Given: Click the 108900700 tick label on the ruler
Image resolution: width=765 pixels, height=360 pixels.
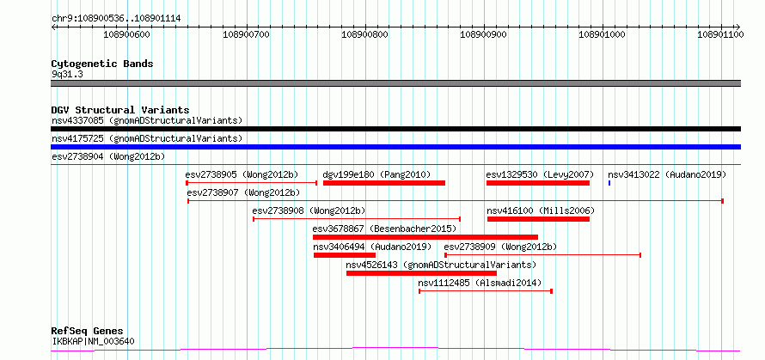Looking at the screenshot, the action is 247,34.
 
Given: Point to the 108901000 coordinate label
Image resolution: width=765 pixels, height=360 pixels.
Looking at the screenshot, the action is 603,34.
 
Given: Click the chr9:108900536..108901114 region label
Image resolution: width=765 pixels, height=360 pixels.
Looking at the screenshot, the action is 116,19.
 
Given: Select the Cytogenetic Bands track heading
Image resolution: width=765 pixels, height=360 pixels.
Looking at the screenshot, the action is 102,64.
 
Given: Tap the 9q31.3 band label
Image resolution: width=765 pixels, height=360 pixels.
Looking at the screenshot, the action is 67,74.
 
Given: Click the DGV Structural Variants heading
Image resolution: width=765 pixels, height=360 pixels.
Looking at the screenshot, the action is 120,110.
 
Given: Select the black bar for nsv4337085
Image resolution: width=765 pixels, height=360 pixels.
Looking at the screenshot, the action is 395,129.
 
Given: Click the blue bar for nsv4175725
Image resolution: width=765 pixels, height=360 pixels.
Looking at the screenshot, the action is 395,147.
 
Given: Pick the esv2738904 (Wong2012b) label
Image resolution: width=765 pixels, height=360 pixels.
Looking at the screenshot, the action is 108,156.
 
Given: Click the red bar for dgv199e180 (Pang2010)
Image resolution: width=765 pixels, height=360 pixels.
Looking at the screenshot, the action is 384,183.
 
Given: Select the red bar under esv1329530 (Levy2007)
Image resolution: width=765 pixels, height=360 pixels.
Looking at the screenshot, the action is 537,183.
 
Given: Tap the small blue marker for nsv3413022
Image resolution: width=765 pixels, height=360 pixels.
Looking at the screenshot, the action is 609,183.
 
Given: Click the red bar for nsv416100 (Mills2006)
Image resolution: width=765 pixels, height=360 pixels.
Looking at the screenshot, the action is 538,219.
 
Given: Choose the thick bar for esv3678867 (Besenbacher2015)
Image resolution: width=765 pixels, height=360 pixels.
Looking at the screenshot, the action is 425,237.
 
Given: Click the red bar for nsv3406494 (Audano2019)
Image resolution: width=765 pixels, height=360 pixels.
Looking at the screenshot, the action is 345,255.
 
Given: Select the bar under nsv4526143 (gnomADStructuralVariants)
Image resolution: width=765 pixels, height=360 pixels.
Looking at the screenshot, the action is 421,273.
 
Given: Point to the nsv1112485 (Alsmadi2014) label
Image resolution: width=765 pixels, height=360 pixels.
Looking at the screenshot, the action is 480,283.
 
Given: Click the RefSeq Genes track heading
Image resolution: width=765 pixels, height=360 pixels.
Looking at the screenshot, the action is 88,332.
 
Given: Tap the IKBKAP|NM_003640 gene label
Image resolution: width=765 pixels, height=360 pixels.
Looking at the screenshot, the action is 93,341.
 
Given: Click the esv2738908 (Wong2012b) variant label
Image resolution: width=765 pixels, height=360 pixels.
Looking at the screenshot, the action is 309,211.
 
